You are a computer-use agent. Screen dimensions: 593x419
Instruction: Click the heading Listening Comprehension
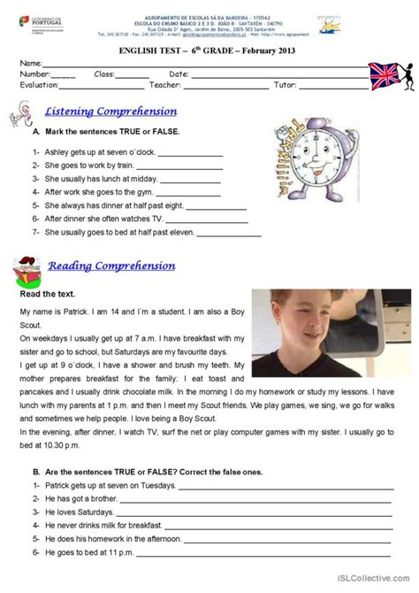click(x=110, y=112)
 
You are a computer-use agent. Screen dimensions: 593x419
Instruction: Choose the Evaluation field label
click(x=41, y=86)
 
